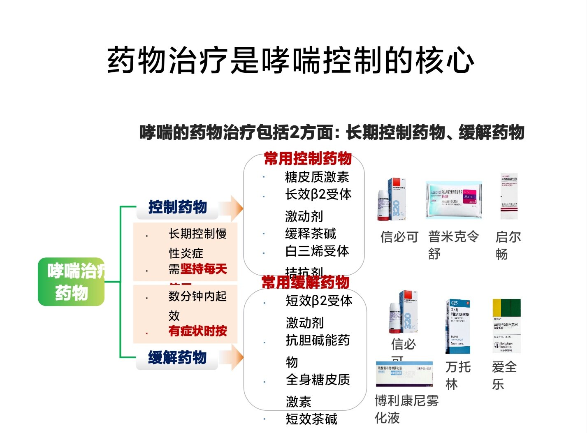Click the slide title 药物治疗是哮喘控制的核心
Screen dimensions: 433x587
291,60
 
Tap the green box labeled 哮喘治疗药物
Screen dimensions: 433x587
72,282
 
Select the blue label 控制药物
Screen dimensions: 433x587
177,207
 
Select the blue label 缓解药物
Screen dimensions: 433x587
177,357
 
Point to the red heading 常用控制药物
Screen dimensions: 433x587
308,158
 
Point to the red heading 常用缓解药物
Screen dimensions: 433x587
305,282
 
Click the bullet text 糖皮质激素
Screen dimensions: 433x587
317,177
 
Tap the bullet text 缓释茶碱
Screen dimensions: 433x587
311,234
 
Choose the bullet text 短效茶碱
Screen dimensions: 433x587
311,419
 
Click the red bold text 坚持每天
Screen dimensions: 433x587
204,269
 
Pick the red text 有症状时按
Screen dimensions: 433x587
197,331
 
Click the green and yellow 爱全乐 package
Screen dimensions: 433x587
506,326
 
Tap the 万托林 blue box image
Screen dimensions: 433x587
458,326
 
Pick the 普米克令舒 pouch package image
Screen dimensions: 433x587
454,199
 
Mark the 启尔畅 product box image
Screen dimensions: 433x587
509,196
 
